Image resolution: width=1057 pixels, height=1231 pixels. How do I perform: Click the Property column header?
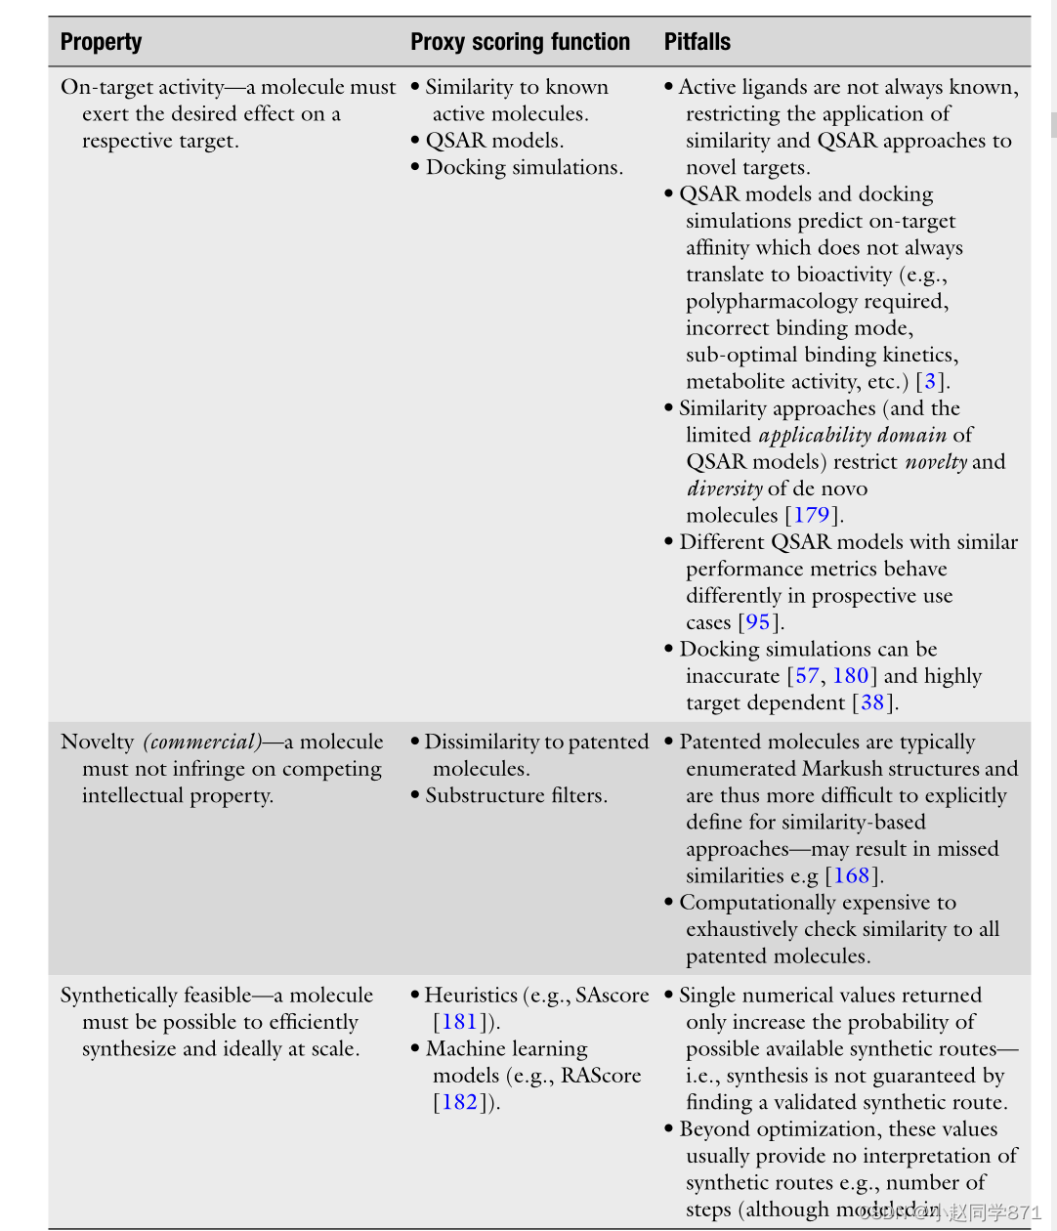[101, 42]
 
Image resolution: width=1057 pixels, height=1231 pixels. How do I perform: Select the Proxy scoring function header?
[520, 42]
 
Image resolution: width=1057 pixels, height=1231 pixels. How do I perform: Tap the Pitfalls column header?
[698, 42]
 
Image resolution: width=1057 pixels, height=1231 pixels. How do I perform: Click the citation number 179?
[811, 515]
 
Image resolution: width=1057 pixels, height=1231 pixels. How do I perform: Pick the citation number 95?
[758, 622]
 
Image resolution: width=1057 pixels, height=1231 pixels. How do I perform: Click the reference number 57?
[807, 676]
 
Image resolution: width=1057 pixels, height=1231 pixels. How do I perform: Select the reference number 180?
[850, 676]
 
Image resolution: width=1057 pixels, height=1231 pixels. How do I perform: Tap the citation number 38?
[871, 702]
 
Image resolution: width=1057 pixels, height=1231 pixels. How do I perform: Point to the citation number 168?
[851, 876]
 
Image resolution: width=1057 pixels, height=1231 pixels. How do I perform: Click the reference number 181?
[459, 1022]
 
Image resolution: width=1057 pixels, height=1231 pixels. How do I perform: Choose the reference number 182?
[459, 1102]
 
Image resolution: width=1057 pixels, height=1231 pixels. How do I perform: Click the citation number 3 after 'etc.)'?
[930, 381]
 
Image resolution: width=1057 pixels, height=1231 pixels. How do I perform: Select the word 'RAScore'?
[601, 1076]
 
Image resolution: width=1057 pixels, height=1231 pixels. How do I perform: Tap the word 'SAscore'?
[612, 996]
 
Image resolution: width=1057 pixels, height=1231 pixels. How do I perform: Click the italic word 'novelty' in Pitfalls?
[935, 462]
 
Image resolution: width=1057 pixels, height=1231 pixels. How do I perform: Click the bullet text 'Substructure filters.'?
[516, 796]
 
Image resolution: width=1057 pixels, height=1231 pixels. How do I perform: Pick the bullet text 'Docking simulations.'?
[524, 167]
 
